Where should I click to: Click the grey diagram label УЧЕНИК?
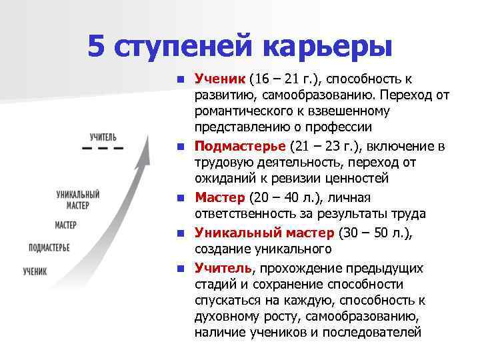(35, 271)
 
